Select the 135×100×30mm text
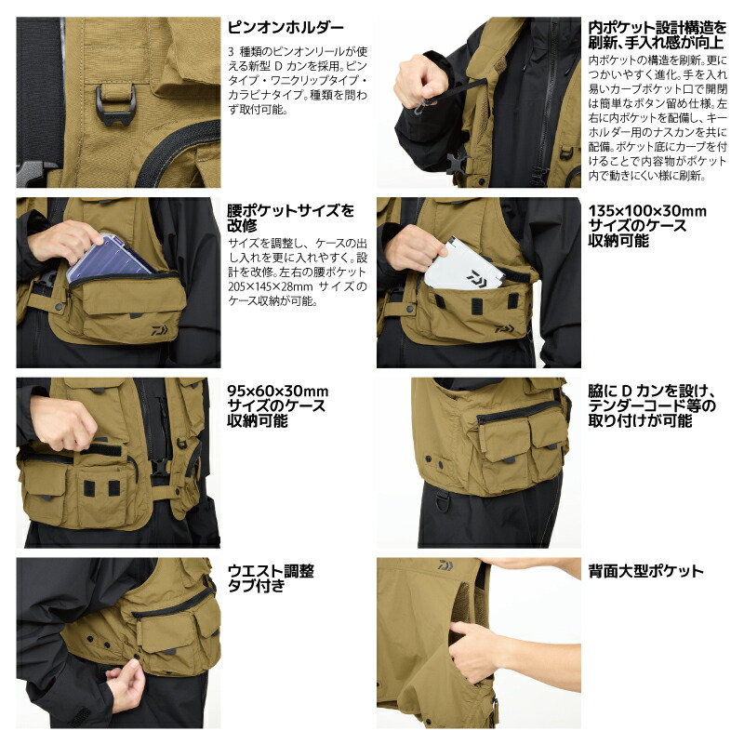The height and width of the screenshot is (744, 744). [647, 211]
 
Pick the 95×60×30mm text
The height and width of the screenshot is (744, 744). [278, 392]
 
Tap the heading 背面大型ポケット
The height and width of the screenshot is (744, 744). [645, 571]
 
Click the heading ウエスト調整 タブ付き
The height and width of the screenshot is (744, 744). [271, 578]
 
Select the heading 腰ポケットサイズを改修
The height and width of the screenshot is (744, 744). [290, 219]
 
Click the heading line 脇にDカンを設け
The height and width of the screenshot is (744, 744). [651, 392]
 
